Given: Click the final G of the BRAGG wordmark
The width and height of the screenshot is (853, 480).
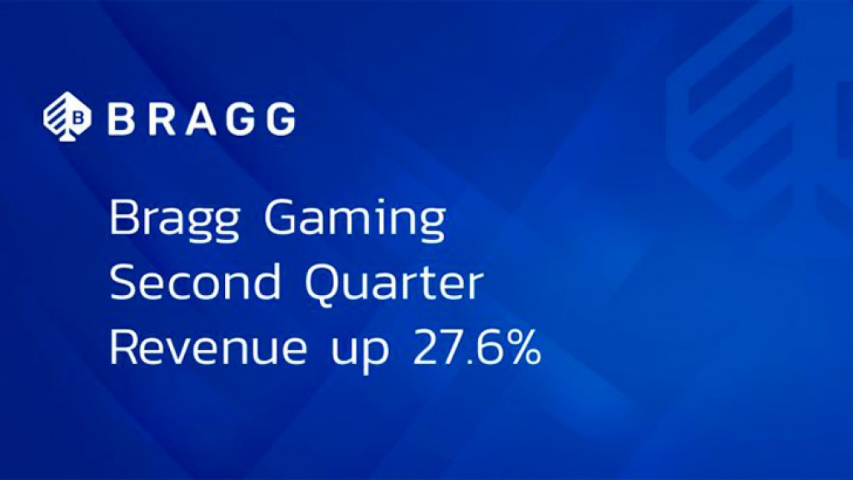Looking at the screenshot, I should pos(278,118).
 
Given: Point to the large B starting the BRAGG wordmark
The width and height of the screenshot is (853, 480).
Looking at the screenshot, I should pos(120,118).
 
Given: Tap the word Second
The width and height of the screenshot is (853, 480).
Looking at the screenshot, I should pos(196,284).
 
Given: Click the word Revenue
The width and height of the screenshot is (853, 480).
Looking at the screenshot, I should pos(208,347).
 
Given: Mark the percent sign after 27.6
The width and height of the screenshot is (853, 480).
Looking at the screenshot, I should pos(521,348).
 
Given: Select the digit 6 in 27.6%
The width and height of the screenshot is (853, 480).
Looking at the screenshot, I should pos(489,348).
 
